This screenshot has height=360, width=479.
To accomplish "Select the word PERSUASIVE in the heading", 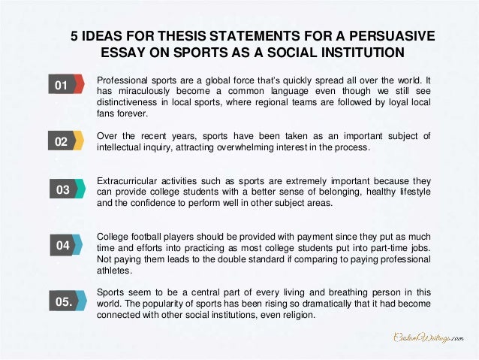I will tap(390, 35).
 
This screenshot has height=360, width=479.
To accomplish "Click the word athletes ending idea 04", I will tap(114, 271).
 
